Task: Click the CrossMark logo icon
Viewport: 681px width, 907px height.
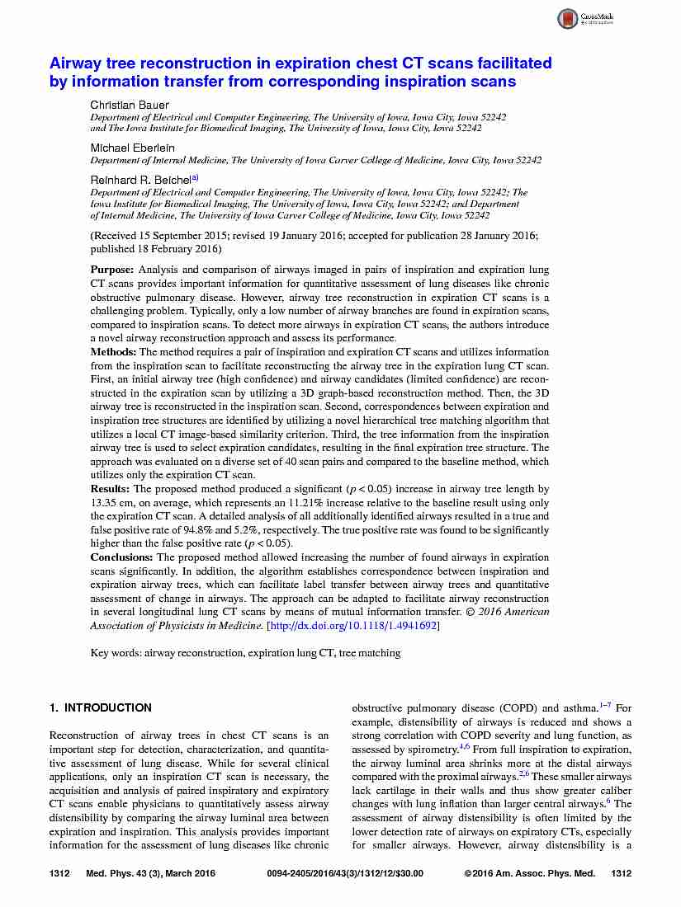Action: [568, 19]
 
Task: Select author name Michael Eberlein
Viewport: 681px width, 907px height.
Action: [132, 147]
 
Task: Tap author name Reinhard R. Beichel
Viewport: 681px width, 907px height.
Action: [140, 178]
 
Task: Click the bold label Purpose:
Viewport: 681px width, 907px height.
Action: [112, 270]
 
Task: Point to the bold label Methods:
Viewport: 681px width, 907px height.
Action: [114, 352]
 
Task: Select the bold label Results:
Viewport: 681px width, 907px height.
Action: [111, 489]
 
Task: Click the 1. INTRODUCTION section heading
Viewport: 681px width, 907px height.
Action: [101, 707]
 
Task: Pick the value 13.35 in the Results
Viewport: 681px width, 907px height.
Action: [105, 503]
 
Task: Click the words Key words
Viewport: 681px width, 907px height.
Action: [115, 653]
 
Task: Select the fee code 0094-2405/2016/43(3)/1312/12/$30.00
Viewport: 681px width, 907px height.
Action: [346, 873]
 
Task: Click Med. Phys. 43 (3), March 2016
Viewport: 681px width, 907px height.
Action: [150, 873]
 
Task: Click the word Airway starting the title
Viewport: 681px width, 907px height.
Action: [78, 63]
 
